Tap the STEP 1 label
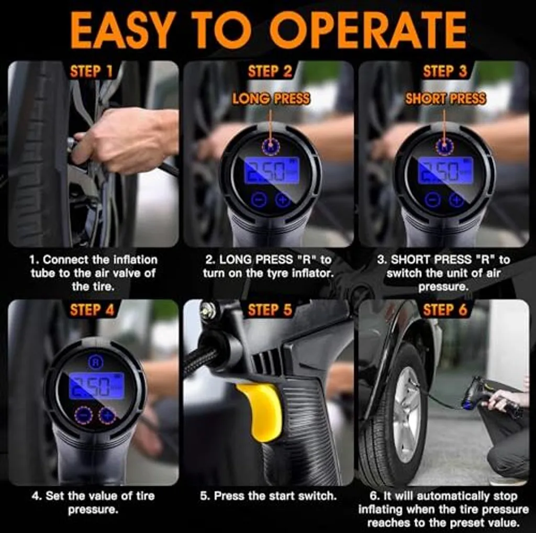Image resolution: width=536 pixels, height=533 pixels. click(x=91, y=72)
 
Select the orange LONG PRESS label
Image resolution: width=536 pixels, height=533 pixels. click(x=271, y=99)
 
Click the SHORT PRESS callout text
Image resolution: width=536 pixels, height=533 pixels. click(x=445, y=99)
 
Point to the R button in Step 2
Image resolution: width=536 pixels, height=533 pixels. click(x=271, y=147)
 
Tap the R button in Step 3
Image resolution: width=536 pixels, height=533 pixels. click(x=444, y=147)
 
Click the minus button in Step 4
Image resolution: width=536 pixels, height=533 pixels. click(x=83, y=415)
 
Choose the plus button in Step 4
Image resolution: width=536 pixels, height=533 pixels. click(x=107, y=415)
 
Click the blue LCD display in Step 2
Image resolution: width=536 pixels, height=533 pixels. click(x=272, y=171)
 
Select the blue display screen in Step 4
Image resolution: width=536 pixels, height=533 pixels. click(x=97, y=386)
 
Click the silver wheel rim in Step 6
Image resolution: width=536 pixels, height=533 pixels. click(x=407, y=414)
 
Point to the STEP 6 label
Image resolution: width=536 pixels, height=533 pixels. click(x=445, y=310)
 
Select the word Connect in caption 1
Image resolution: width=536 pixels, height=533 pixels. click(x=65, y=260)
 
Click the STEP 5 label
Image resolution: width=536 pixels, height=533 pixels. click(x=270, y=310)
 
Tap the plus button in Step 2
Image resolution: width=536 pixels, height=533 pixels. click(x=282, y=199)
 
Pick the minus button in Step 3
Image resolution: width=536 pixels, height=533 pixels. click(x=432, y=199)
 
